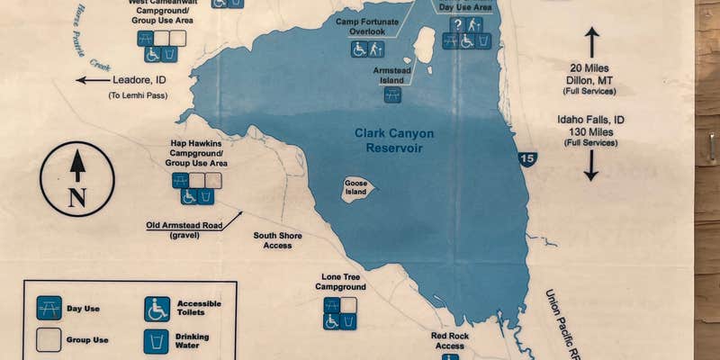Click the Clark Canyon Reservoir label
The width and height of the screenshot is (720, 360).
pyautogui.click(x=389, y=140)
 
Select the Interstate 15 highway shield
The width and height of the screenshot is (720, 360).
pyautogui.click(x=528, y=159)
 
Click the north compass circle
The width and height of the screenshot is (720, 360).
pyautogui.click(x=77, y=179)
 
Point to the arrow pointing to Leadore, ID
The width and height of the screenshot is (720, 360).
pyautogui.click(x=92, y=80)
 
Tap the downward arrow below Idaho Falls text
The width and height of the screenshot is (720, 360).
pyautogui.click(x=591, y=166)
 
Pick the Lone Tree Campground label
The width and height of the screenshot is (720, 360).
pyautogui.click(x=340, y=282)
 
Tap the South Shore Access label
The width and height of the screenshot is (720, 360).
pyautogui.click(x=277, y=240)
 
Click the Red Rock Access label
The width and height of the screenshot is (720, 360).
pyautogui.click(x=449, y=340)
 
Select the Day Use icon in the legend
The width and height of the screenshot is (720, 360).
pyautogui.click(x=49, y=309)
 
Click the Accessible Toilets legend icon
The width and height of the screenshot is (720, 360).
pyautogui.click(x=157, y=309)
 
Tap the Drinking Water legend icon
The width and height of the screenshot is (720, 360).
pyautogui.click(x=157, y=341)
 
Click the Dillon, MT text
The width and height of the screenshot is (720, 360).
pyautogui.click(x=590, y=80)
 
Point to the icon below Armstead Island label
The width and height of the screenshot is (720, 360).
pyautogui.click(x=391, y=94)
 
